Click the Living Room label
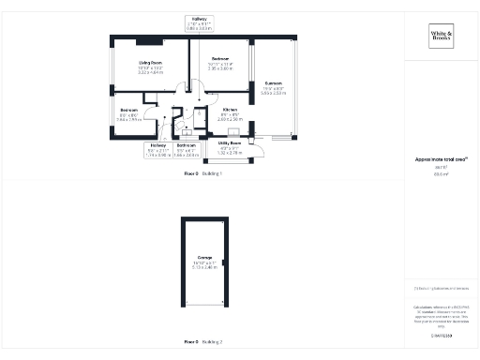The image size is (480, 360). (x=144, y=62)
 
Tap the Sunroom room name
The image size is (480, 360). (x=273, y=82)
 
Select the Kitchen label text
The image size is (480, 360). (x=230, y=110)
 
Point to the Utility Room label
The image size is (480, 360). (x=230, y=142)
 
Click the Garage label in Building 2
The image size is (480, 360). (x=204, y=257)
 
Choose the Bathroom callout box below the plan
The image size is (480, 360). (x=187, y=148)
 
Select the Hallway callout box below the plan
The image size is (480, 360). (x=158, y=148)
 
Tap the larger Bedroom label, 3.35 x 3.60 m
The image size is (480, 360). (x=219, y=57)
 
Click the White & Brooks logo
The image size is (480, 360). (x=441, y=37)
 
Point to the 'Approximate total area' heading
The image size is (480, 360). (x=441, y=159)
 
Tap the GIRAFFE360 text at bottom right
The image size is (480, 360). (x=441, y=335)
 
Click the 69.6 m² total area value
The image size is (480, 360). (x=441, y=174)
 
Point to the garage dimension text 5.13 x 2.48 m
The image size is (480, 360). (x=204, y=267)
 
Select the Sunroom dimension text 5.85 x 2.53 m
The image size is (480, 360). (x=273, y=93)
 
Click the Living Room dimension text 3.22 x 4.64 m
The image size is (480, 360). (x=144, y=72)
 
